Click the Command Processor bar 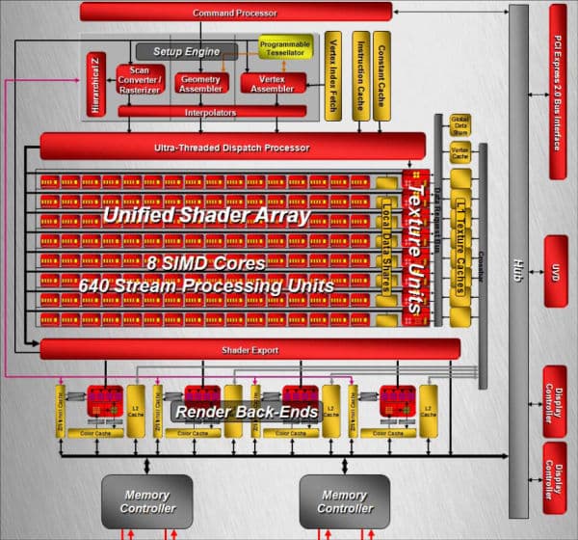[235, 13]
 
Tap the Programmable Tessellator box [284, 48]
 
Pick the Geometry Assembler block [201, 84]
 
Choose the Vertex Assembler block [272, 84]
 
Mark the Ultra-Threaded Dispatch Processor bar [231, 148]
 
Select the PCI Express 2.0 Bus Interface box [558, 92]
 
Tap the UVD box [557, 271]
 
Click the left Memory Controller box [147, 501]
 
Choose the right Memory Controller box [344, 501]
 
